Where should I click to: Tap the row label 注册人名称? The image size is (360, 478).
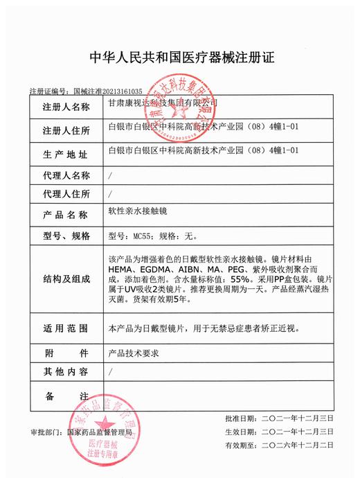pos(66,107)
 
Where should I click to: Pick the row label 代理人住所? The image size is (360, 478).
pos(66,193)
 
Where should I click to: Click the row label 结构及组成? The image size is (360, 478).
pos(66,279)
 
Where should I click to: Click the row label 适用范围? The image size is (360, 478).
pos(66,326)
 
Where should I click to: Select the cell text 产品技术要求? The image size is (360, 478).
pos(134,353)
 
